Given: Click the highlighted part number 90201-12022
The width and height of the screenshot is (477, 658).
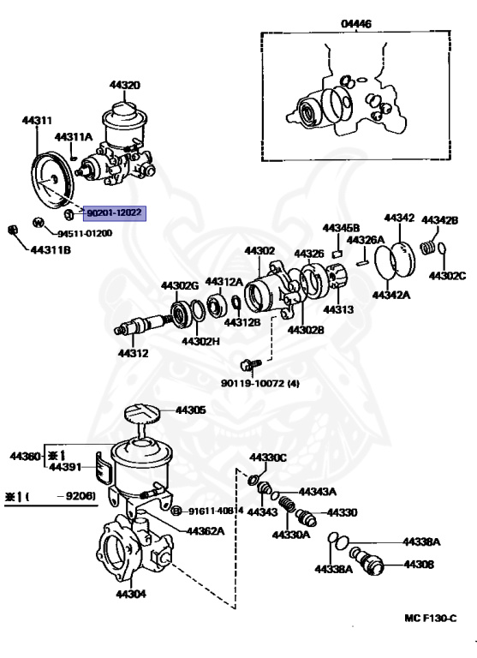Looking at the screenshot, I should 115,212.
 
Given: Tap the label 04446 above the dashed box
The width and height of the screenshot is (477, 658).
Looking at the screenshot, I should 356,25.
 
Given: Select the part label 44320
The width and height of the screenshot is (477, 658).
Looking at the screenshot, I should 125,85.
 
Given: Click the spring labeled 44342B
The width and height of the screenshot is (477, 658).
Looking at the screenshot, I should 430,247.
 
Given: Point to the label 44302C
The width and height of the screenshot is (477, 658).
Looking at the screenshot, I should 446,275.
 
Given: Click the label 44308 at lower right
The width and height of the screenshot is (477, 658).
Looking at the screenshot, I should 419,565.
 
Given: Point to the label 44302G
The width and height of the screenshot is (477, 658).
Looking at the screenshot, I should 180,285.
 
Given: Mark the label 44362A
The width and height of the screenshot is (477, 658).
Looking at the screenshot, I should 206,530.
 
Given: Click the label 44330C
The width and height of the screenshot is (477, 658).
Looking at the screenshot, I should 269,458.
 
